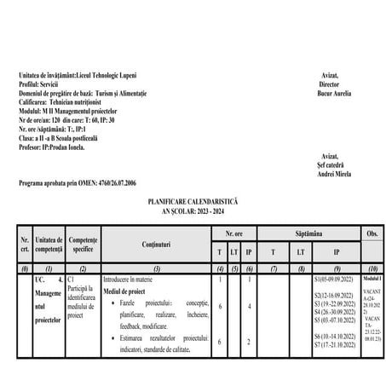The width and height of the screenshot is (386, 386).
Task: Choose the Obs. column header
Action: (x=372, y=232)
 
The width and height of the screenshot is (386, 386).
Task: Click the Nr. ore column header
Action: (x=234, y=232)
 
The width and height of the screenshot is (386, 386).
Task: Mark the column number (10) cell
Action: (x=372, y=268)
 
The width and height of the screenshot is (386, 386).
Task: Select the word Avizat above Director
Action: (x=330, y=76)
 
